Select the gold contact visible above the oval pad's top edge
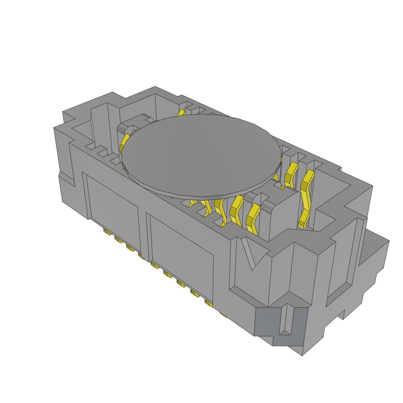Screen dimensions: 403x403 [181, 113]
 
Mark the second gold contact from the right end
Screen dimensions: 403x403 [291, 173]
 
